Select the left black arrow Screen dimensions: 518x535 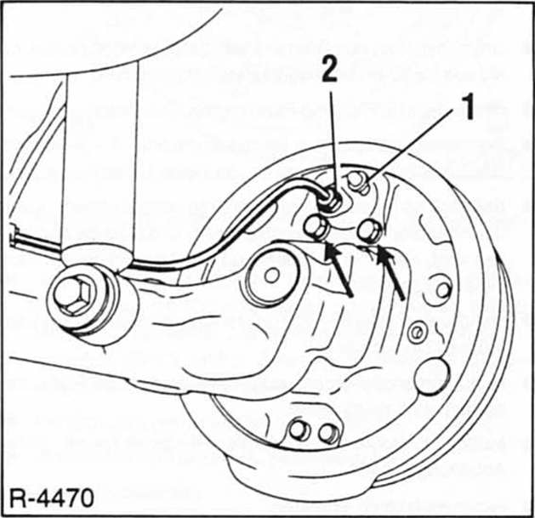click(x=340, y=270)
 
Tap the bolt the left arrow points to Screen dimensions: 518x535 click(x=317, y=226)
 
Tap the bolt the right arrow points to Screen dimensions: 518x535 click(x=371, y=229)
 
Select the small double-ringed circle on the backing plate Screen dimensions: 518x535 click(x=417, y=332)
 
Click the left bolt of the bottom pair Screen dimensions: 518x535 click(x=299, y=430)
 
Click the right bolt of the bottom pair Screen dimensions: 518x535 click(x=327, y=433)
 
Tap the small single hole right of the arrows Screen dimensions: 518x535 click(x=443, y=289)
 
